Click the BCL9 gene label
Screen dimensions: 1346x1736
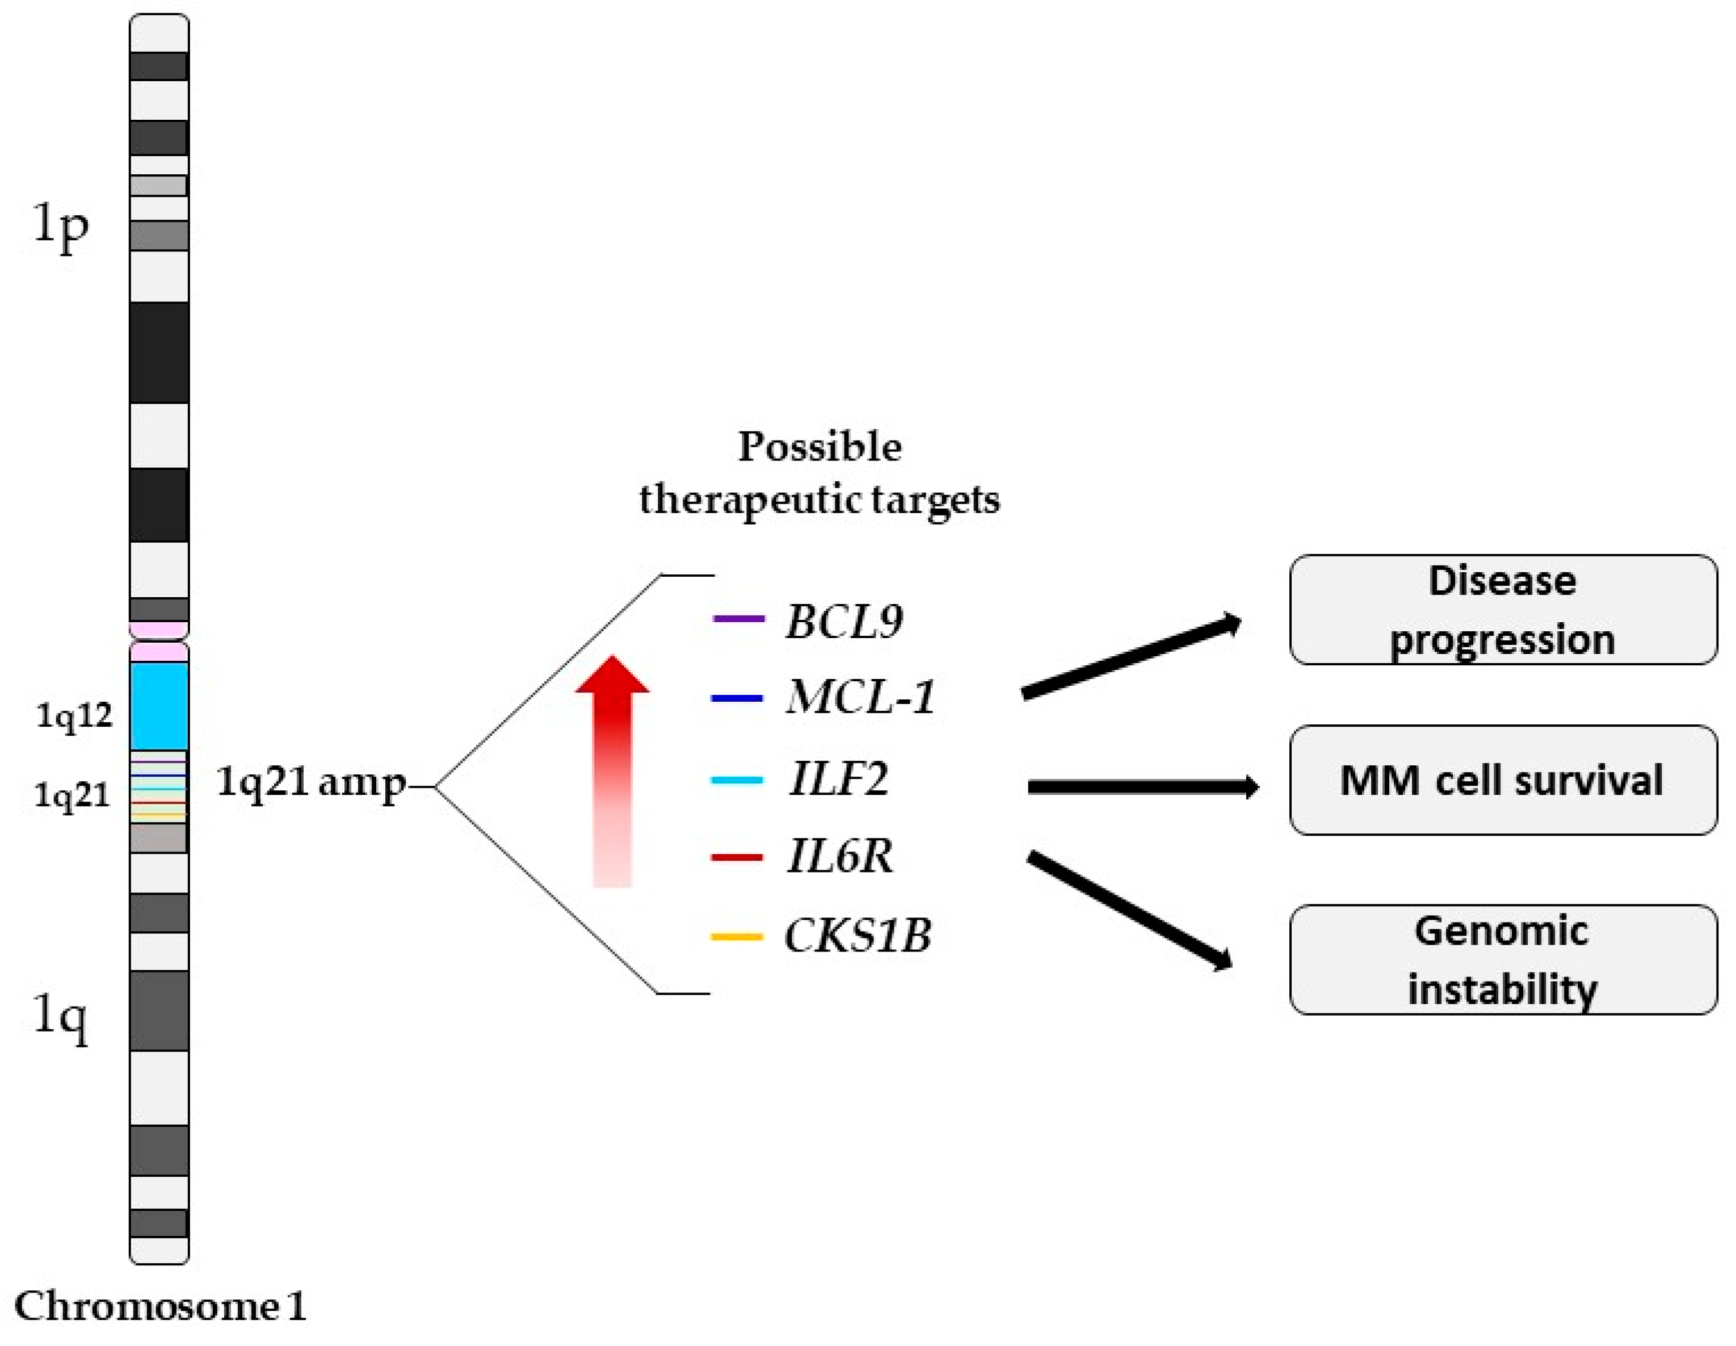click(x=844, y=621)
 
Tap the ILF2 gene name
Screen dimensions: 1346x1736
click(x=839, y=778)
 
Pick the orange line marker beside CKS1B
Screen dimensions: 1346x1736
click(x=736, y=937)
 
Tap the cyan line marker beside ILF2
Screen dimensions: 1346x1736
click(x=736, y=780)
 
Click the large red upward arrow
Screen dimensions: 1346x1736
click(x=612, y=771)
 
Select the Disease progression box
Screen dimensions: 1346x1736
click(x=1502, y=610)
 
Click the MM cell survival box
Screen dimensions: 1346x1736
click(x=1502, y=780)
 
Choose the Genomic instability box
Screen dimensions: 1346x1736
click(x=1502, y=959)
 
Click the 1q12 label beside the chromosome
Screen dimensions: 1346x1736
click(x=74, y=717)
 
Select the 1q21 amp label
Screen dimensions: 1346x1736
click(x=311, y=783)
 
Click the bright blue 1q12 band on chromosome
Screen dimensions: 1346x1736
click(x=159, y=706)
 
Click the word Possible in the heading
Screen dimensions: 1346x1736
click(x=819, y=447)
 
